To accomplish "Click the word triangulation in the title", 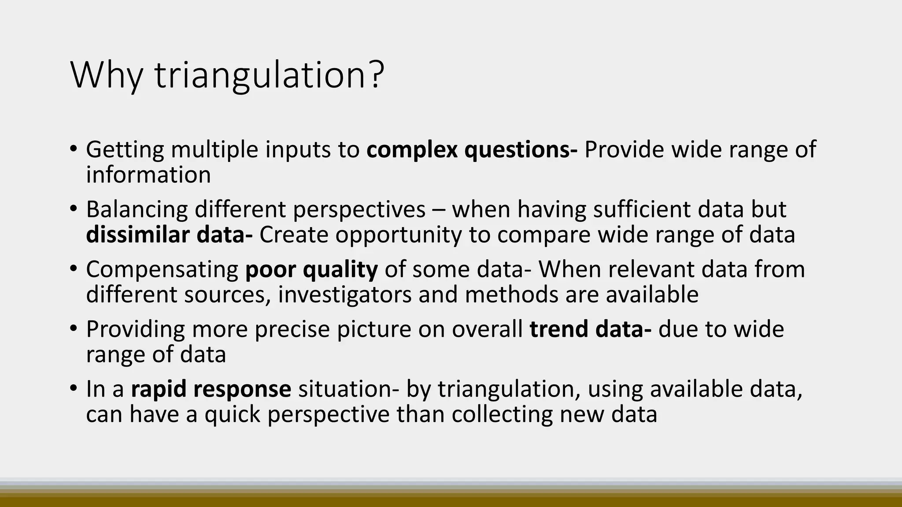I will tap(256, 76).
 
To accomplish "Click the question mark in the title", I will tap(375, 75).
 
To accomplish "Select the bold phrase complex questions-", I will tap(472, 150).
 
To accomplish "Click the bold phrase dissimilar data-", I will tap(169, 235).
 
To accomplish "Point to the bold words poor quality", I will tap(311, 269).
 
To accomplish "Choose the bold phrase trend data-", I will tap(590, 329).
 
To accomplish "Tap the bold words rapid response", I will tap(211, 389).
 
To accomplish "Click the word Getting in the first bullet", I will tap(125, 150).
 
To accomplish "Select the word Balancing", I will tap(137, 209).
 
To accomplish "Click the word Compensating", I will tap(162, 269).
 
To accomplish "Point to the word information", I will tap(148, 175).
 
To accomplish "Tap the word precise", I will tap(292, 329).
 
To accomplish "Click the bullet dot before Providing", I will tap(73, 328).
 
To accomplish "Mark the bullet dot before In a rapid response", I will tap(73, 388).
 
